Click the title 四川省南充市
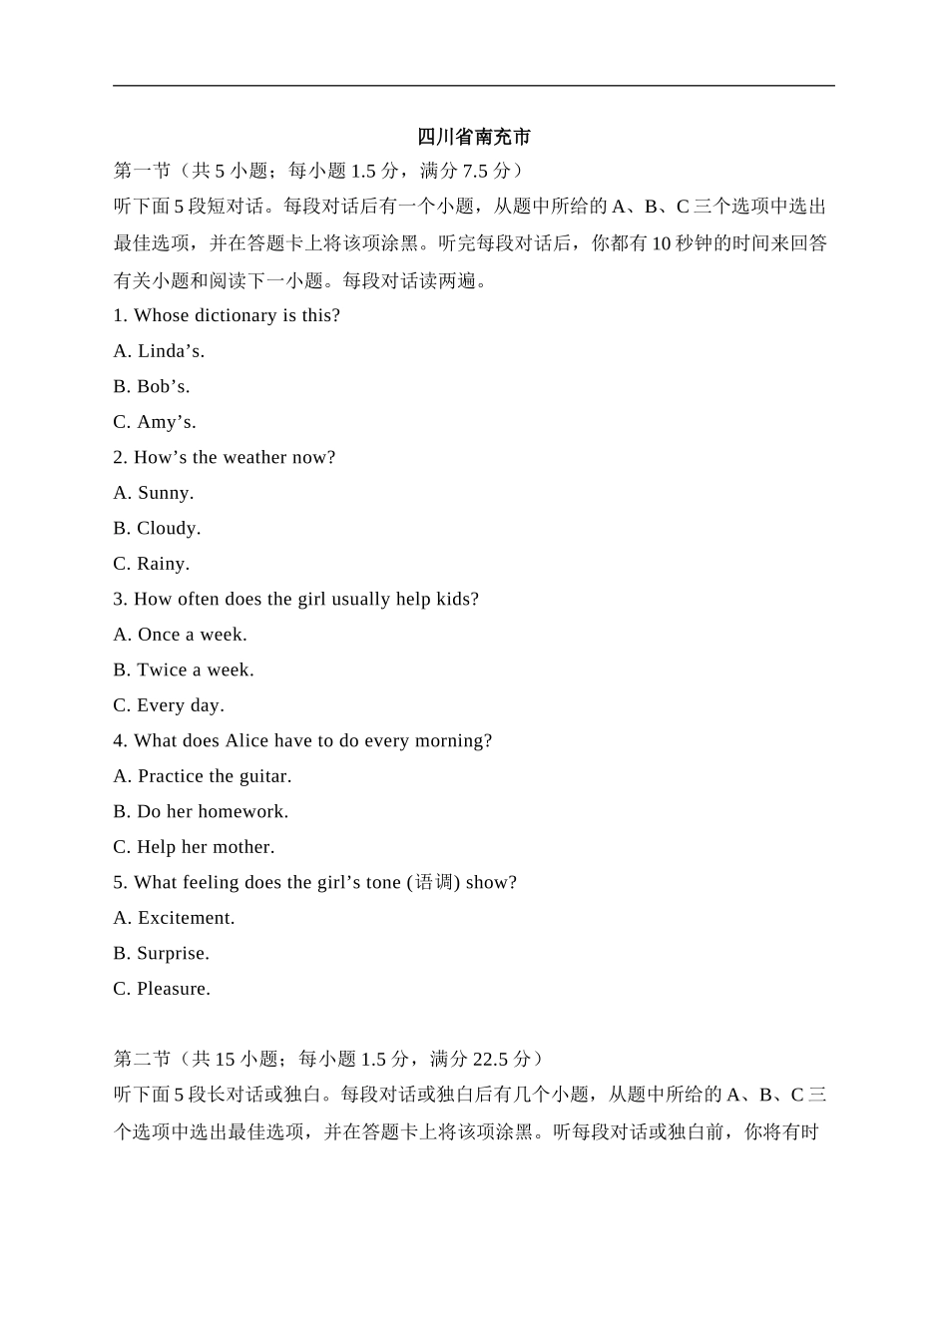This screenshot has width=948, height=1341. pos(474,137)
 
